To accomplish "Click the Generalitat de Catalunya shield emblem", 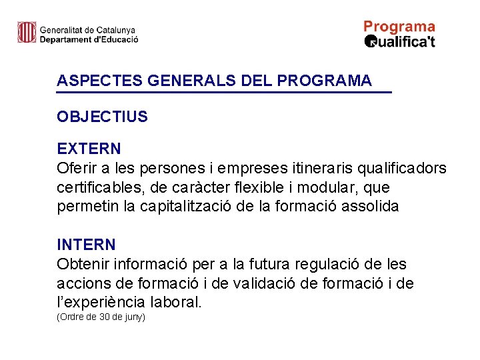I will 27,32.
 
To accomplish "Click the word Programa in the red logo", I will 399,27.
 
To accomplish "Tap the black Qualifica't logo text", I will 400,42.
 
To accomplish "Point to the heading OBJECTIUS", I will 102,117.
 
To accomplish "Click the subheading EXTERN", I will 89,148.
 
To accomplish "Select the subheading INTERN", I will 86,245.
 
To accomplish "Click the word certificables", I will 101,187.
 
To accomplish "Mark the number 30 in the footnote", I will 103,317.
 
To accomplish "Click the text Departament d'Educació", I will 89,39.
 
